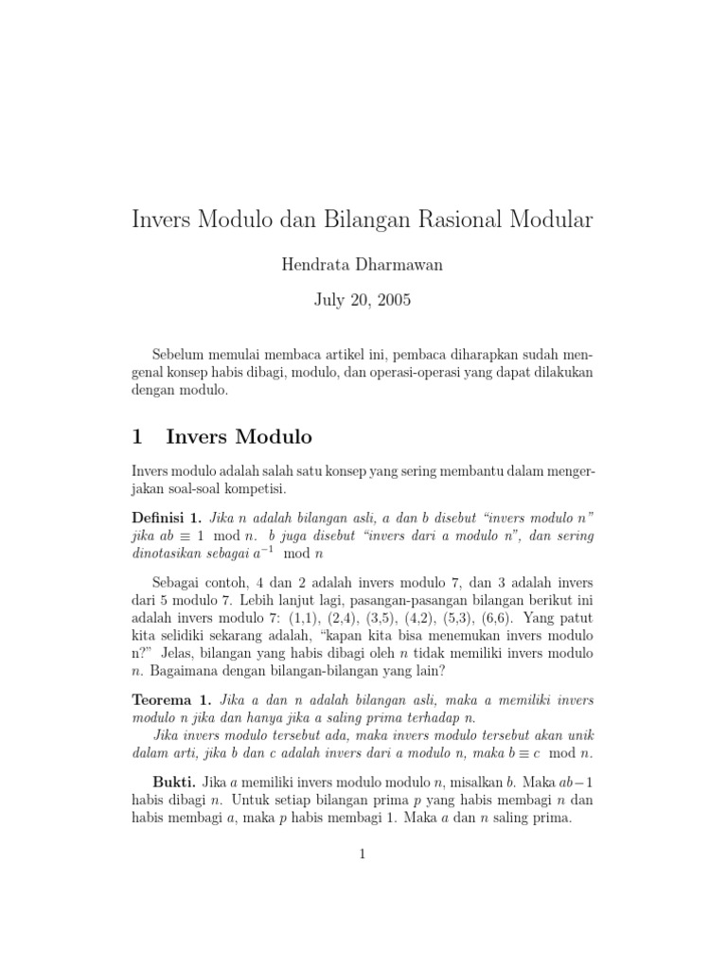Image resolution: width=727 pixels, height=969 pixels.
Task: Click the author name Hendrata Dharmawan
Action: [x=363, y=265]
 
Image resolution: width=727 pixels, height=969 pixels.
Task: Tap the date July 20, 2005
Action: [x=363, y=301]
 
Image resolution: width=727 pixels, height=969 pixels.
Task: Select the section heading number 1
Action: [x=137, y=436]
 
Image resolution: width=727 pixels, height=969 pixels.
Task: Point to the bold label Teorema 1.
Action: [x=169, y=700]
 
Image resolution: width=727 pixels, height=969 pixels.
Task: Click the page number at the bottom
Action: [x=362, y=854]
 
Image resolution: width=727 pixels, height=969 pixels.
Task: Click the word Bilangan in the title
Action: [x=362, y=220]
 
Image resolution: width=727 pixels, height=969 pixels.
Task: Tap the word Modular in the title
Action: [x=551, y=220]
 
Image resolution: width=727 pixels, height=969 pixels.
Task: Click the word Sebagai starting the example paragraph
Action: [x=182, y=581]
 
